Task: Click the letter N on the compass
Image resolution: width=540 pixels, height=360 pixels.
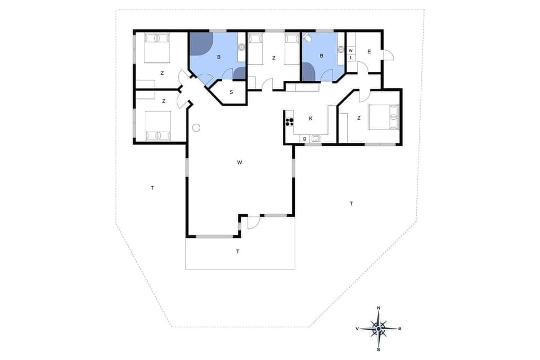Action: tap(379, 308)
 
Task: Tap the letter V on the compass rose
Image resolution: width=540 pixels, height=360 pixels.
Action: tap(357, 328)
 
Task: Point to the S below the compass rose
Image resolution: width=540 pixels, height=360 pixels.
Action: tap(379, 349)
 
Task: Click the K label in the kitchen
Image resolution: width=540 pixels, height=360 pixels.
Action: tap(310, 119)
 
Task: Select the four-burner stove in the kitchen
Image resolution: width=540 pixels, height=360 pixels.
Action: tap(290, 120)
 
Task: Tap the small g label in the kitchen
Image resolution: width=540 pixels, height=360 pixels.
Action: tap(304, 138)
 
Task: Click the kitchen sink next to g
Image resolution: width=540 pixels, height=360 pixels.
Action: tap(316, 138)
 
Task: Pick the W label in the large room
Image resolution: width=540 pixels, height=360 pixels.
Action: tap(240, 163)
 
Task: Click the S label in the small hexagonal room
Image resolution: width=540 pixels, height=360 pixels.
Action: tap(231, 92)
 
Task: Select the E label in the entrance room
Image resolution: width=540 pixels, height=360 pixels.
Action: tap(369, 52)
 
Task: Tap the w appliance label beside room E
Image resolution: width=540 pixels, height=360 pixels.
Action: tap(350, 51)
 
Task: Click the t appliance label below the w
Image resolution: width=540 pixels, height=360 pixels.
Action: tap(350, 57)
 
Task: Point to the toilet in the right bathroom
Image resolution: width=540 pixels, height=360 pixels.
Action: tap(308, 38)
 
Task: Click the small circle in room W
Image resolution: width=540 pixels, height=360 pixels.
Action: tap(196, 128)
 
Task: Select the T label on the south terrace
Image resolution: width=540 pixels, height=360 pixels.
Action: tap(238, 251)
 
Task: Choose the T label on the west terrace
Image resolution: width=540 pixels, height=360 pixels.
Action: tap(152, 188)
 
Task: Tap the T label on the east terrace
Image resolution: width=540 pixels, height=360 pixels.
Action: tap(351, 203)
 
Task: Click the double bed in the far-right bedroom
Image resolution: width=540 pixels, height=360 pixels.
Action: tap(383, 118)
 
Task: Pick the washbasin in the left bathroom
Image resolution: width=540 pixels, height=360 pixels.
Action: tap(241, 47)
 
